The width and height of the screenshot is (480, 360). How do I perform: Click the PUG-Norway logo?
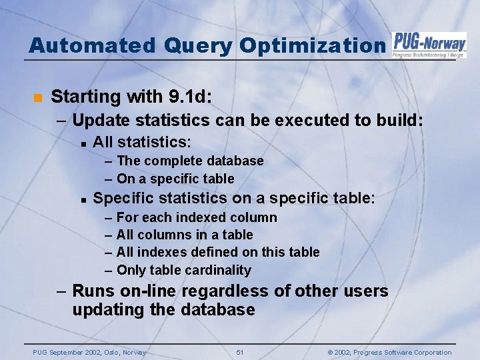pyautogui.click(x=429, y=45)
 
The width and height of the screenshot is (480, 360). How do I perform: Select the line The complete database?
pyautogui.click(x=189, y=161)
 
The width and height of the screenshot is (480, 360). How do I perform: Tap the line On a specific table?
pyautogui.click(x=175, y=179)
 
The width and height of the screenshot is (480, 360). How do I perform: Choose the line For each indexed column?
pyautogui.click(x=196, y=217)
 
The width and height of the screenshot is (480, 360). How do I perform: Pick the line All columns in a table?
pyautogui.click(x=184, y=235)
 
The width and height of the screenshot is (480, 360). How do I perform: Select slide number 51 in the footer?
pyautogui.click(x=240, y=353)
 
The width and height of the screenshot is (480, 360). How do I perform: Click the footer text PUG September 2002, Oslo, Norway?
pyautogui.click(x=89, y=353)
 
